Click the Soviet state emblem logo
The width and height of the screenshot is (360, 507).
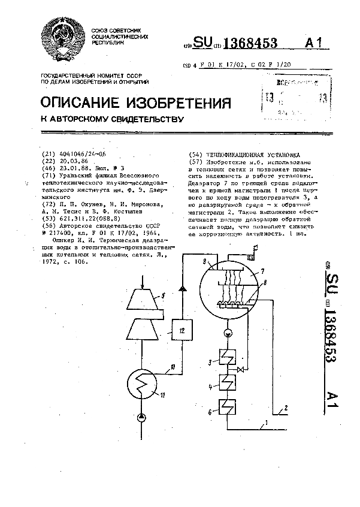62,41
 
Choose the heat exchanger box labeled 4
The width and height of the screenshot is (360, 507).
227,382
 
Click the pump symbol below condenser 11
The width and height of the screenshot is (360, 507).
141,416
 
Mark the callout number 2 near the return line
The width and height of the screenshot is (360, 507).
286,408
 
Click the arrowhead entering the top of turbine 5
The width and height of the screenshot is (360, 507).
142,279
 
